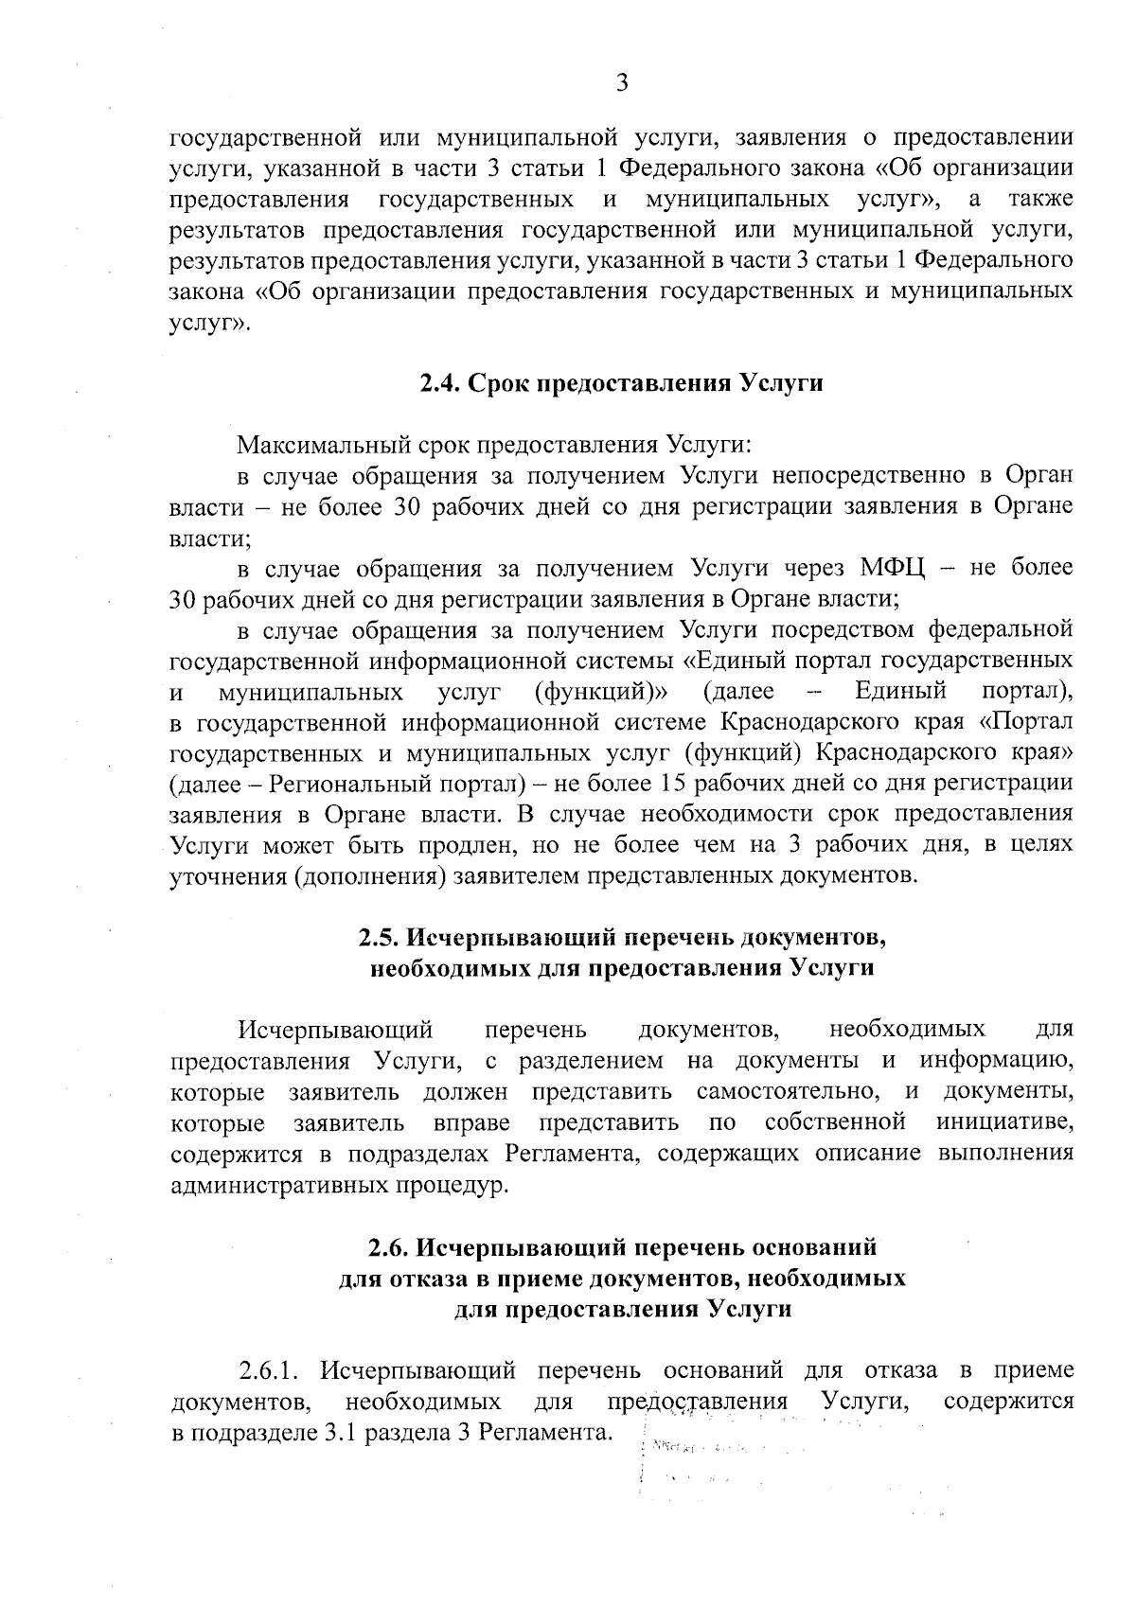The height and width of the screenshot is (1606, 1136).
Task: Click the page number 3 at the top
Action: pyautogui.click(x=622, y=83)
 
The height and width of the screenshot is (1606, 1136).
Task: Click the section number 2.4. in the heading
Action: pyautogui.click(x=440, y=384)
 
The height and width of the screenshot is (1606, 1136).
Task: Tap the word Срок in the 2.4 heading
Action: pyautogui.click(x=499, y=384)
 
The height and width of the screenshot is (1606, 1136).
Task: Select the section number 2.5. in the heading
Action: pyautogui.click(x=381, y=938)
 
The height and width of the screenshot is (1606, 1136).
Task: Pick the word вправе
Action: pyautogui.click(x=471, y=1123)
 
